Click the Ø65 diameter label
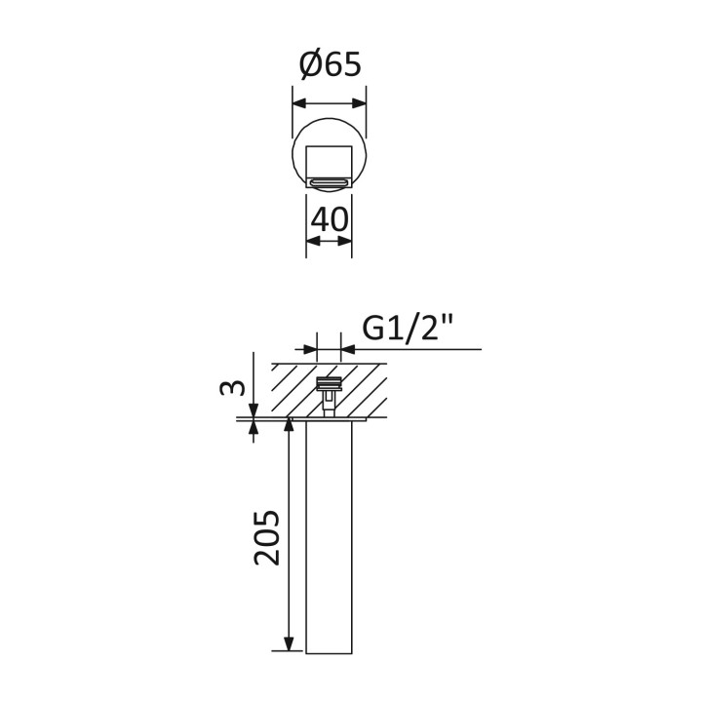pos(330,65)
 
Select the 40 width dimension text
pos(330,219)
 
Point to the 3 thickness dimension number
pos(233,388)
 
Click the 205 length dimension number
pos(267,537)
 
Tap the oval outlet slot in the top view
pos(330,182)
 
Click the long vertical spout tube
pos(330,537)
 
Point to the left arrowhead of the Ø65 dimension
pos(299,103)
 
